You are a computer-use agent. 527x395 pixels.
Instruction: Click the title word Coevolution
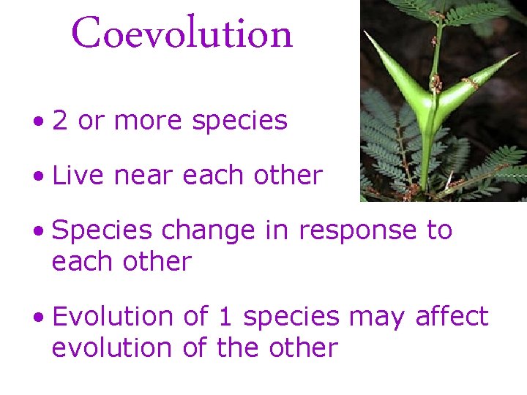click(182, 34)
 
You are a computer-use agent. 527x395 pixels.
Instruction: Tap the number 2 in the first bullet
click(60, 121)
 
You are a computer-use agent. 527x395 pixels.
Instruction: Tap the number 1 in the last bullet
click(225, 317)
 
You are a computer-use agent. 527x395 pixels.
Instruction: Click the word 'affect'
click(451, 317)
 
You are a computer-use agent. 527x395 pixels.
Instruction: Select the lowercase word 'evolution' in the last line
click(113, 347)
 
